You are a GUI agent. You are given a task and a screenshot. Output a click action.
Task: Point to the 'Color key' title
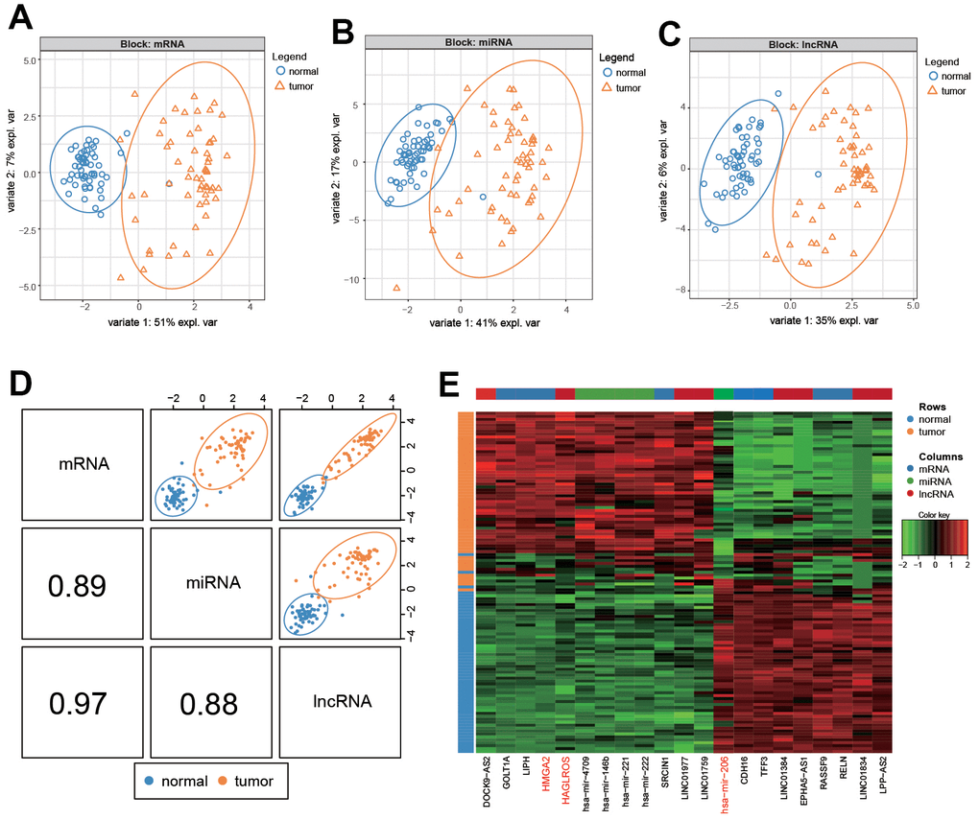click(929, 513)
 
